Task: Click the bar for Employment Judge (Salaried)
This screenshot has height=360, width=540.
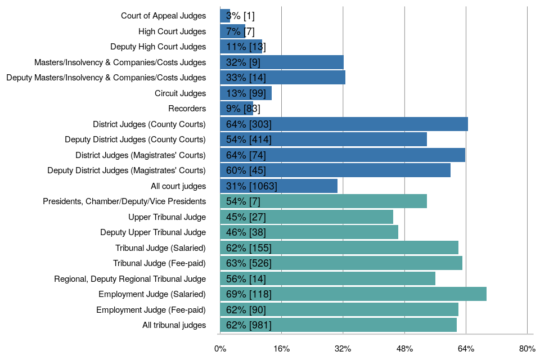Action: pyautogui.click(x=353, y=294)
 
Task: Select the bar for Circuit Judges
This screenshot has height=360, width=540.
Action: pyautogui.click(x=246, y=93)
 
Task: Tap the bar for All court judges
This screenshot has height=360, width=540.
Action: pyautogui.click(x=279, y=186)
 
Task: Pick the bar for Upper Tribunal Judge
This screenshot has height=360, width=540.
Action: pyautogui.click(x=307, y=217)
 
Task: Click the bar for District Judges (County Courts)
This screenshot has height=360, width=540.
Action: pyautogui.click(x=344, y=124)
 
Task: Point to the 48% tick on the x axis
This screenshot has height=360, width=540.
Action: pyautogui.click(x=404, y=349)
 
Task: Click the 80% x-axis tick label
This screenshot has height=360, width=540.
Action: pyautogui.click(x=527, y=349)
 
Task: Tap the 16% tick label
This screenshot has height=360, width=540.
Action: pyautogui.click(x=281, y=349)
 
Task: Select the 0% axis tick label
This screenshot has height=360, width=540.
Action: pyautogui.click(x=220, y=349)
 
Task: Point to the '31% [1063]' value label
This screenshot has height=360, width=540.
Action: pyautogui.click(x=251, y=186)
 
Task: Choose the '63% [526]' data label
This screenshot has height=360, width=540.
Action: pyautogui.click(x=249, y=263)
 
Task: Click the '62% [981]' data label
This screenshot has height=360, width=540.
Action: pyautogui.click(x=249, y=325)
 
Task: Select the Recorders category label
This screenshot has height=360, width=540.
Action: pyautogui.click(x=187, y=109)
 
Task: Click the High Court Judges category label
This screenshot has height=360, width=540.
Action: pyautogui.click(x=172, y=31)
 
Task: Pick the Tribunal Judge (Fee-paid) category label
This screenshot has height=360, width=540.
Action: pyautogui.click(x=159, y=263)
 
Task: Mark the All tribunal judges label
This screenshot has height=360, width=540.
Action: pyautogui.click(x=174, y=325)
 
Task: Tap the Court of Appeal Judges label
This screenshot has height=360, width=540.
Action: pyautogui.click(x=163, y=16)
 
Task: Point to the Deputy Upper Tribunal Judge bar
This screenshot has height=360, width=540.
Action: pyautogui.click(x=309, y=232)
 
